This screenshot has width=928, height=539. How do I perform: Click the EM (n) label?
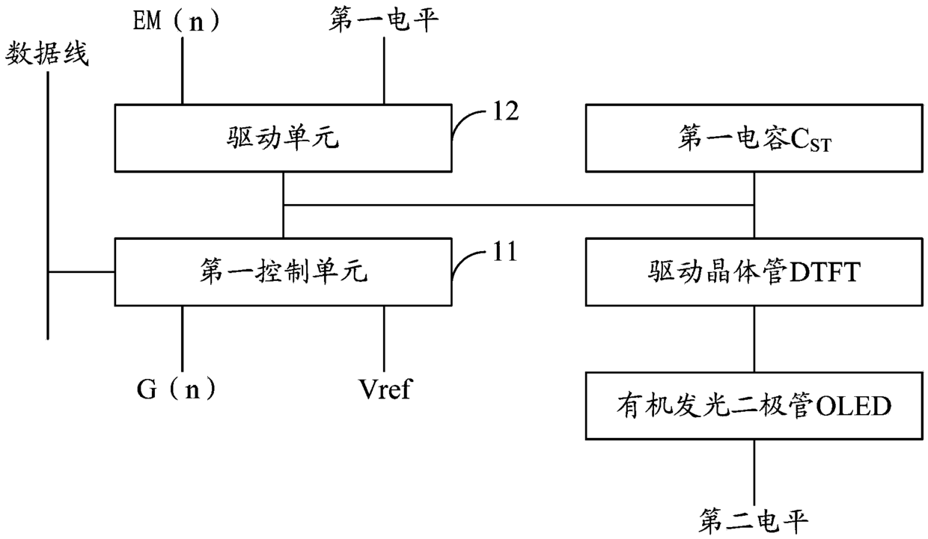tap(176, 21)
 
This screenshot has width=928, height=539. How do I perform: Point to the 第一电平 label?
tap(384, 20)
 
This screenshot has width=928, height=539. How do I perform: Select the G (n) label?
tap(177, 389)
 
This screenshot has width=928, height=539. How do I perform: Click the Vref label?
tap(385, 389)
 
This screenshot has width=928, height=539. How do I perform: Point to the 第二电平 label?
tap(753, 521)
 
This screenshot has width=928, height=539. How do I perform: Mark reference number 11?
tap(505, 251)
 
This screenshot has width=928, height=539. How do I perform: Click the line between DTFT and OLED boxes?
tap(754, 339)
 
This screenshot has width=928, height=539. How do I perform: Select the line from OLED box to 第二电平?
tap(754, 472)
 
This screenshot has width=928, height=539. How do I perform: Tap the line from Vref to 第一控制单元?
tap(384, 339)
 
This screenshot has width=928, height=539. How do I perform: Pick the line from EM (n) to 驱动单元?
tap(182, 71)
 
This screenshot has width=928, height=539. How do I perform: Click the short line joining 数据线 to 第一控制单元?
tap(81, 272)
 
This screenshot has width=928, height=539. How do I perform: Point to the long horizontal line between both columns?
tap(519, 205)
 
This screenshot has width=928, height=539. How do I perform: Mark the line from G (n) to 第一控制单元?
tap(182, 339)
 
